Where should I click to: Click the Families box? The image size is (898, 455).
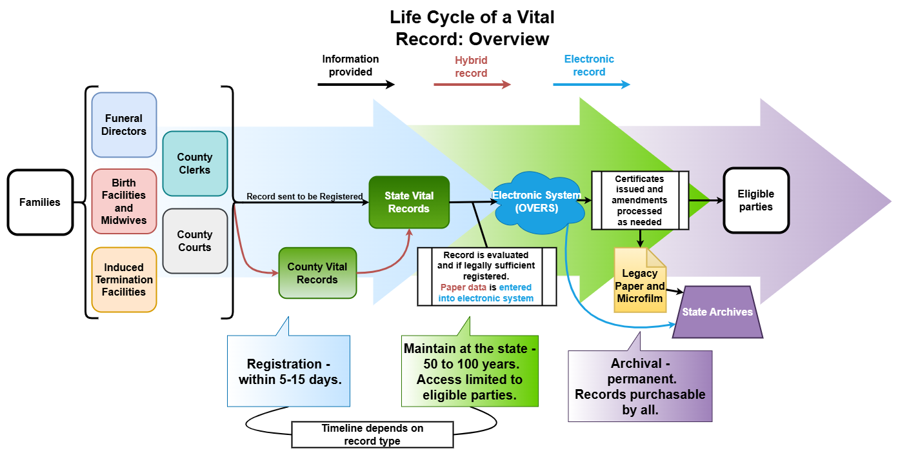click(x=40, y=202)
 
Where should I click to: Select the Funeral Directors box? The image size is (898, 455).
click(x=124, y=125)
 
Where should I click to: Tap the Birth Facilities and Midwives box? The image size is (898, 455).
click(x=124, y=201)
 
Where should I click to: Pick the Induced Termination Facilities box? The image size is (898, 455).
click(x=124, y=279)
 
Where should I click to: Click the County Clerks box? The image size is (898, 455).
click(x=195, y=163)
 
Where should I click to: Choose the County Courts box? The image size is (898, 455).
click(x=195, y=241)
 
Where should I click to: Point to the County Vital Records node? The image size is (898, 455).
click(x=317, y=273)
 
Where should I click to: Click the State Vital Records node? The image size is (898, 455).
click(x=409, y=202)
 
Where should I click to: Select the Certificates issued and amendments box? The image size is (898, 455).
click(x=639, y=200)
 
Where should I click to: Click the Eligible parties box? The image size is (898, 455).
click(x=756, y=200)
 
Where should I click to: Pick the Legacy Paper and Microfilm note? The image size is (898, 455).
click(x=640, y=281)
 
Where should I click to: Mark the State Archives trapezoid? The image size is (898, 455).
click(x=717, y=312)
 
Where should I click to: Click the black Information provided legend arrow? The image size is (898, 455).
click(x=355, y=85)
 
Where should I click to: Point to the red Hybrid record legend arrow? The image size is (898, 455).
click(x=472, y=85)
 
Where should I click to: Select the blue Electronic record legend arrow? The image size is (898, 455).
click(x=591, y=85)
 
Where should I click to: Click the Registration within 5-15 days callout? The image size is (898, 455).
click(x=289, y=372)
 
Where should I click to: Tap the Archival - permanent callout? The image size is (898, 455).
click(x=639, y=386)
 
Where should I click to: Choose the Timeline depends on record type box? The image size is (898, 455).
click(x=373, y=434)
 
